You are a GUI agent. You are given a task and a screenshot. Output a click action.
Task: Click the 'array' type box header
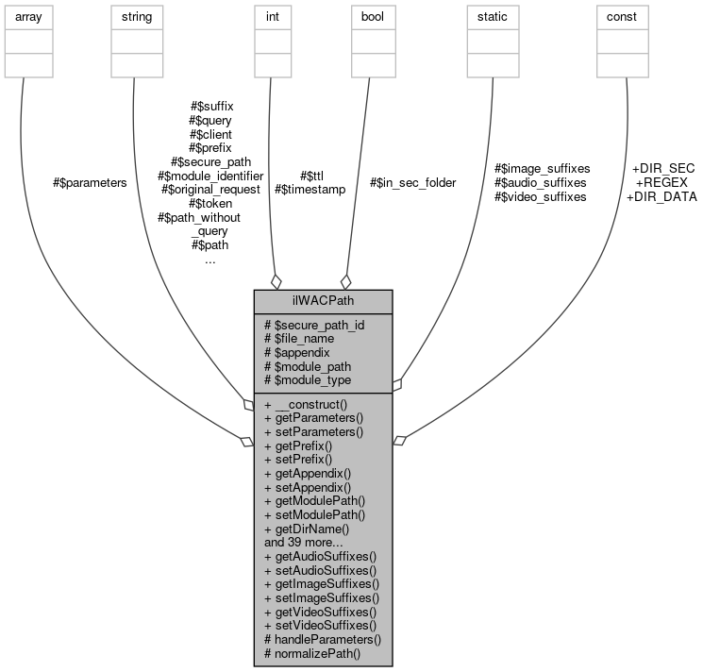click(29, 16)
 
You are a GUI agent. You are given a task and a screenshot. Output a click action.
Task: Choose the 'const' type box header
click(622, 16)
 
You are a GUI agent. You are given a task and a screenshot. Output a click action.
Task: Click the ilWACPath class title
click(323, 301)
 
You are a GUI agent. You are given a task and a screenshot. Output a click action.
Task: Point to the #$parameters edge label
click(90, 182)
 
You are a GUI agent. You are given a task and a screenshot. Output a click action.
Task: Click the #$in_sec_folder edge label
click(412, 182)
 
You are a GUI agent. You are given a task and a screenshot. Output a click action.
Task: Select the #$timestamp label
click(310, 189)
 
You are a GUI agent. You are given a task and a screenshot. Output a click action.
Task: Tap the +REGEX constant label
click(661, 182)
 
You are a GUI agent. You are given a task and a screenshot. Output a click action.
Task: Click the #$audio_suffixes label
click(541, 182)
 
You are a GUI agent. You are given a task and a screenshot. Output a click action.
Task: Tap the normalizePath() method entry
click(312, 653)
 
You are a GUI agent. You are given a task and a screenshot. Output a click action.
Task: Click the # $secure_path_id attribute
click(314, 325)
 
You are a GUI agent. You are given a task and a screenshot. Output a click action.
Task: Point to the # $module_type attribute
click(308, 379)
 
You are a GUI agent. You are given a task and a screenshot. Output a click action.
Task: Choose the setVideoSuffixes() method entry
click(320, 625)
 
